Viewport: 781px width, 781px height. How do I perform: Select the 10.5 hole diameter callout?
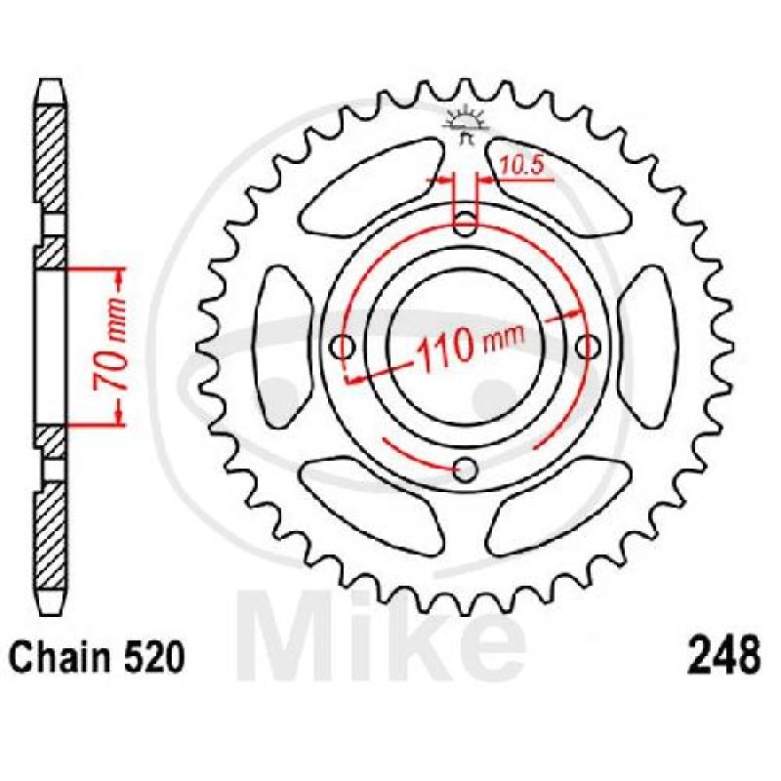click(520, 166)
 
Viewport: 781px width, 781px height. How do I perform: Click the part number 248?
click(723, 655)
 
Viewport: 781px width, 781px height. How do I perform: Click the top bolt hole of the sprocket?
click(466, 224)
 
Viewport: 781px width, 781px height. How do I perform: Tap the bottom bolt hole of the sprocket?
click(466, 469)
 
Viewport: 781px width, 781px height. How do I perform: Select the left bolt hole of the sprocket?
click(344, 347)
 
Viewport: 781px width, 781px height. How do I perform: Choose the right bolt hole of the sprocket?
click(589, 347)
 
